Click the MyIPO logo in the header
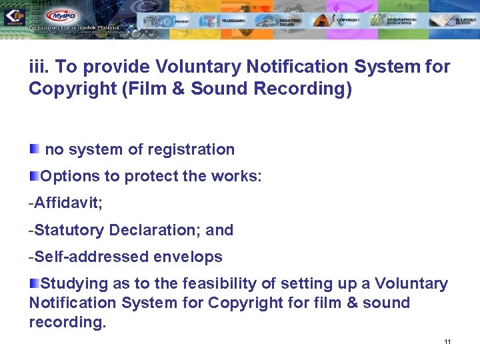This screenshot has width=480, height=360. (x=60, y=15)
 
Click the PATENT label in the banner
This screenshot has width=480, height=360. (x=183, y=21)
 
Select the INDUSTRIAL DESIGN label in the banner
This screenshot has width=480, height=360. (x=291, y=22)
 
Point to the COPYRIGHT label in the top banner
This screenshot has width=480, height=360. (x=348, y=21)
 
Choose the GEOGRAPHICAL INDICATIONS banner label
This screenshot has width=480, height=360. (x=403, y=21)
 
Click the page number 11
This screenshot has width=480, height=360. (x=447, y=342)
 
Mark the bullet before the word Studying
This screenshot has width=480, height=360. (x=35, y=283)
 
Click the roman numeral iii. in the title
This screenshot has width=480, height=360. (x=39, y=67)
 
